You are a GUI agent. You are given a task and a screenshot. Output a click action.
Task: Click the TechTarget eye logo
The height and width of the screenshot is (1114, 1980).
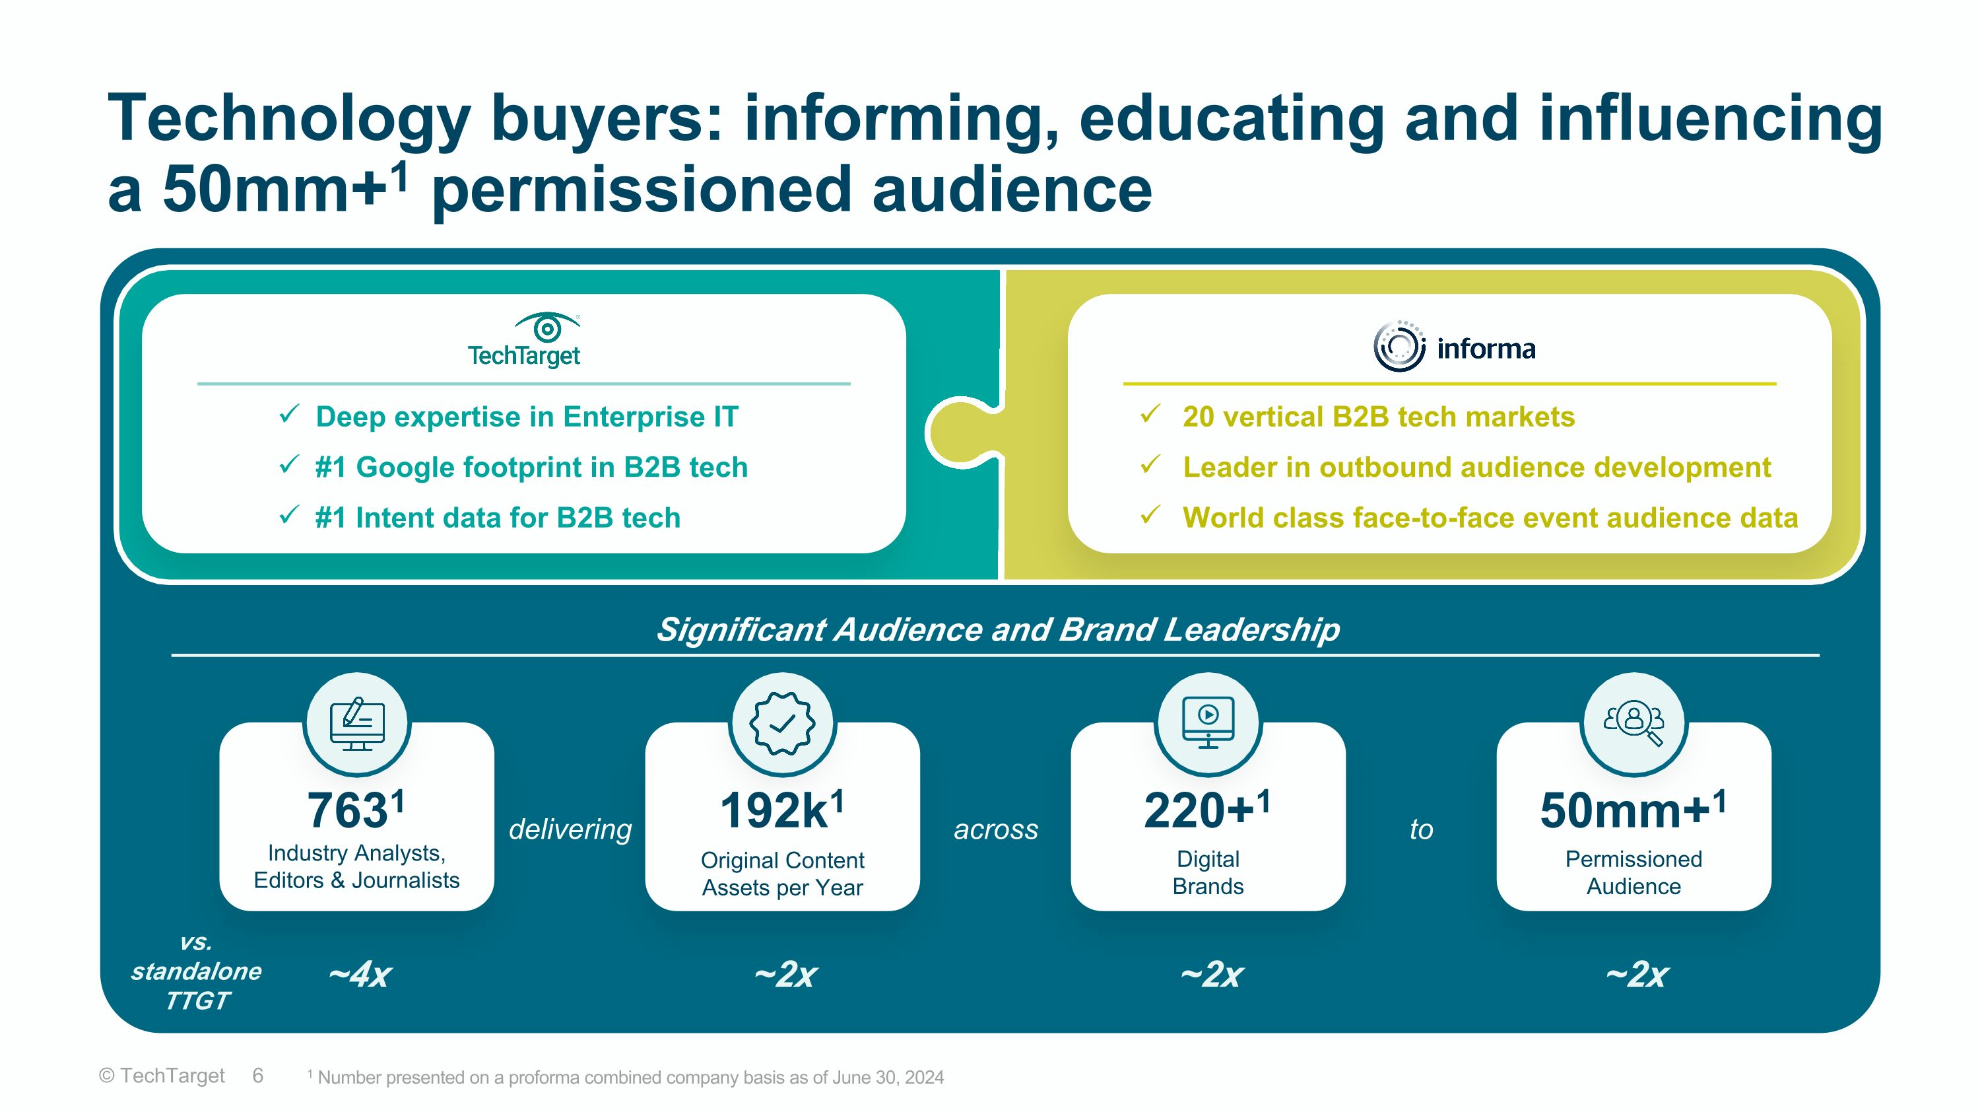(x=546, y=328)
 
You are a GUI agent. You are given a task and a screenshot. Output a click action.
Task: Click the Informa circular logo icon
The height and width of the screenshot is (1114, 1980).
(x=1399, y=347)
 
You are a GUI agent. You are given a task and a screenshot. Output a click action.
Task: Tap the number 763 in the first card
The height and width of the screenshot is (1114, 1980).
(x=346, y=811)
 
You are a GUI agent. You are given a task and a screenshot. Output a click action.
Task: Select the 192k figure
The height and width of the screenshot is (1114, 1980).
(x=774, y=811)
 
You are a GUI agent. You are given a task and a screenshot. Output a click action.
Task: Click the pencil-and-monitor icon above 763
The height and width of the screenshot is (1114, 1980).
(x=356, y=724)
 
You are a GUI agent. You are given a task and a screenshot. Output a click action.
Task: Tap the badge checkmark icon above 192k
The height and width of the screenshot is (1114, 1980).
(x=783, y=724)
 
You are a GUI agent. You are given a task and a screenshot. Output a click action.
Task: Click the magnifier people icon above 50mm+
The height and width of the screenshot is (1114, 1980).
(x=1633, y=724)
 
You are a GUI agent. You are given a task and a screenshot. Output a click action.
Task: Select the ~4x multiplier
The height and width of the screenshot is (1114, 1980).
(x=360, y=974)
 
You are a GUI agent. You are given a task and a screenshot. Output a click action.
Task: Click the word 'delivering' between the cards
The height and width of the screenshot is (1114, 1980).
(x=570, y=829)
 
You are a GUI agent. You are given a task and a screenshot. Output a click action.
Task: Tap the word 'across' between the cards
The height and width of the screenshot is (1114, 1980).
(x=995, y=829)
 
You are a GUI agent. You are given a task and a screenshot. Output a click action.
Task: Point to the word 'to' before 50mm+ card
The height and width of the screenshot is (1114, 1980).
(x=1421, y=829)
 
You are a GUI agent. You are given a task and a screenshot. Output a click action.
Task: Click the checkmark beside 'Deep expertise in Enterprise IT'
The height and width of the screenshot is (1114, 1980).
(x=289, y=415)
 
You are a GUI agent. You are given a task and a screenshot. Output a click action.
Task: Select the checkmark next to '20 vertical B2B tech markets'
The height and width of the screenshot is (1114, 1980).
(x=1150, y=415)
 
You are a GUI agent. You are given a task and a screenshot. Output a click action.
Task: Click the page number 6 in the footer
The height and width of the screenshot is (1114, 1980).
(x=257, y=1076)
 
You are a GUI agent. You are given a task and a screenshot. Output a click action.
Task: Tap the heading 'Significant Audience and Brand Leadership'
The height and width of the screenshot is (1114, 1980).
(x=997, y=629)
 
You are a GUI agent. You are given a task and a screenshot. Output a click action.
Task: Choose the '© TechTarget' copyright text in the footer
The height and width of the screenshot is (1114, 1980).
(x=162, y=1076)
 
